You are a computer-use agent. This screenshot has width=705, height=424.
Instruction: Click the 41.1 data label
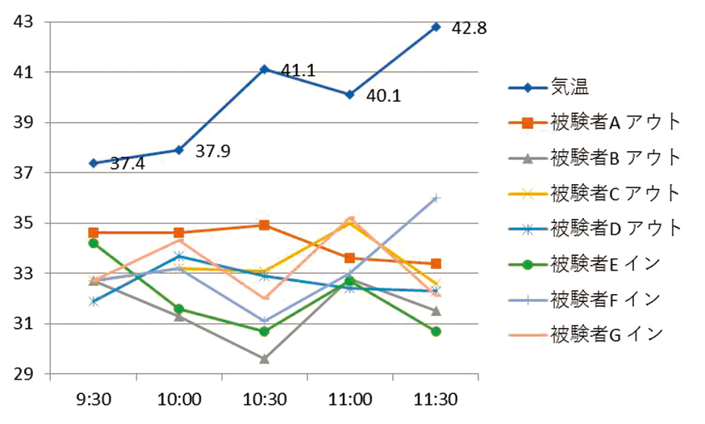point(298,72)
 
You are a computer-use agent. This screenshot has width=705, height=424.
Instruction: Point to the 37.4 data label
point(127,164)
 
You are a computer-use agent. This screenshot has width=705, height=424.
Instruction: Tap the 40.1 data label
point(384,97)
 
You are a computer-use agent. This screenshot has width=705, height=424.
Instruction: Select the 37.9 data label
point(214,151)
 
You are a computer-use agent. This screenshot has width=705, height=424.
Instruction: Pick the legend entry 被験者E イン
point(604,263)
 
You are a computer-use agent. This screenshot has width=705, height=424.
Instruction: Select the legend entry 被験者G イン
point(605,333)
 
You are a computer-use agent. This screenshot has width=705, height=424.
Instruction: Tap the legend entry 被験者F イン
point(604,298)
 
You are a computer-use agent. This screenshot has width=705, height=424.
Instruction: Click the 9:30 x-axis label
point(93,400)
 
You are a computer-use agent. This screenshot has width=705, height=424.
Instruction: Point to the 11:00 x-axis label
point(350,400)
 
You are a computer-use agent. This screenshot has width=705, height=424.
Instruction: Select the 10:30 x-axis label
point(265,400)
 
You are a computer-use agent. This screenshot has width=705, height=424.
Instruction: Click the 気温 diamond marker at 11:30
point(436,27)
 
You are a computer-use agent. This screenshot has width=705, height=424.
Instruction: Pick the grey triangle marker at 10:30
point(265,359)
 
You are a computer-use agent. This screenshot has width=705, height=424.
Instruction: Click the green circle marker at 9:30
point(94,243)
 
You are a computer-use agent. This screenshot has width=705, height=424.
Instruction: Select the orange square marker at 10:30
point(265,225)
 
